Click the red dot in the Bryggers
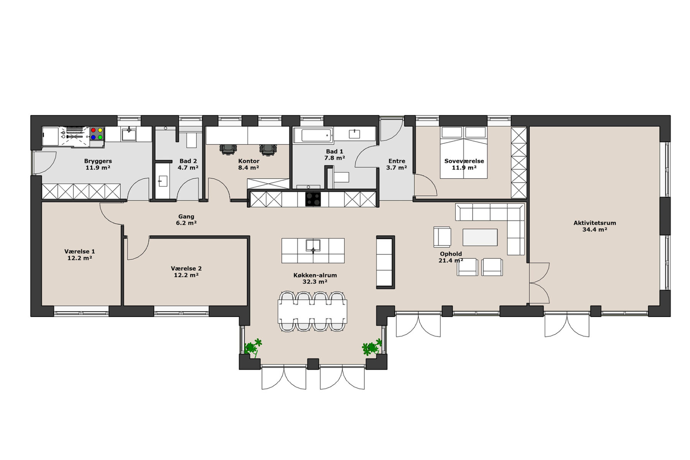93,130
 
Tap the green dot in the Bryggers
100,137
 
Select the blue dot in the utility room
93,137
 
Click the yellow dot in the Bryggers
100,130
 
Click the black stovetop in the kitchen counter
313,199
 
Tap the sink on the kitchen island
313,245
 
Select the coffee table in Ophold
480,237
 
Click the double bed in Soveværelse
464,153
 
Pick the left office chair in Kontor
228,149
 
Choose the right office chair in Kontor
268,149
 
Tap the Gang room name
186,217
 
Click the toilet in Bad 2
191,140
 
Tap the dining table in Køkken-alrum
312,311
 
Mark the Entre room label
397,161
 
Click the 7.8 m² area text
335,158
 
